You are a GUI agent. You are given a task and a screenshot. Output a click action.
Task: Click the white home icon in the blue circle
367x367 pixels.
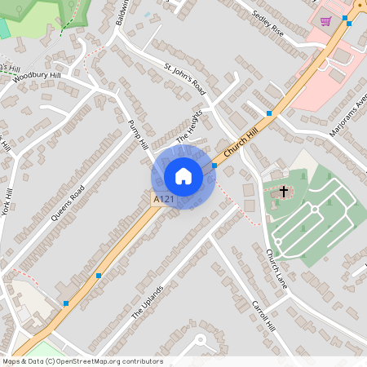coord(183,176)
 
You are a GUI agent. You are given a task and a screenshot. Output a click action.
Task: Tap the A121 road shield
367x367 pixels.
coord(163,198)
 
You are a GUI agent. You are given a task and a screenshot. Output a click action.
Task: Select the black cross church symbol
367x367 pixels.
coord(284,192)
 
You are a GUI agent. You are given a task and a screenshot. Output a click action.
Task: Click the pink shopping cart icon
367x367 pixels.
coord(326,21)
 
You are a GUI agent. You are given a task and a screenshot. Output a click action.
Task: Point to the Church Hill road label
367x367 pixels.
coord(242,137)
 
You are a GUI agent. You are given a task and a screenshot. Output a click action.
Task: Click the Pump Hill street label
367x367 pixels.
coord(139,134)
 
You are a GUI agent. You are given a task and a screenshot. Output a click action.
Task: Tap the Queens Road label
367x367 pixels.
coord(68,204)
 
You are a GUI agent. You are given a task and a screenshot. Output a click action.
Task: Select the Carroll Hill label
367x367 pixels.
coord(265,315)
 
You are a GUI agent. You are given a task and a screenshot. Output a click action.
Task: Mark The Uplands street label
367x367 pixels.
coord(148,303)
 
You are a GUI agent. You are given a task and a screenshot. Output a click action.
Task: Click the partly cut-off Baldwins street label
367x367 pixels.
coord(124,12)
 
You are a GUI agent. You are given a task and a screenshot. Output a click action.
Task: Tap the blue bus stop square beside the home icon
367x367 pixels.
coord(214,166)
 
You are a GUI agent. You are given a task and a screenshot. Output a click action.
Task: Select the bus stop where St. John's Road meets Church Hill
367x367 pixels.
coord(268,114)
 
